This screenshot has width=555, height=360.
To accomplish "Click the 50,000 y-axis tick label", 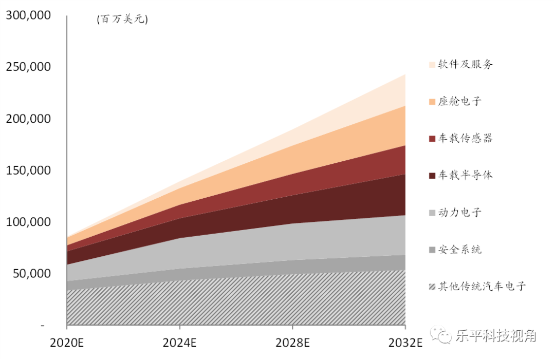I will (x=32, y=274).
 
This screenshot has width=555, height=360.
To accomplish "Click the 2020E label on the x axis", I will (x=67, y=343).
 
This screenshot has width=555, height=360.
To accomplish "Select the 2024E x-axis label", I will (x=179, y=343).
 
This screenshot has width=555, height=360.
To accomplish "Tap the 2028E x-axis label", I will (x=292, y=343).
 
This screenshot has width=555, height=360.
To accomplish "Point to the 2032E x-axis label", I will (x=405, y=343).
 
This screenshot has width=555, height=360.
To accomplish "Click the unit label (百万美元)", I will (x=122, y=20).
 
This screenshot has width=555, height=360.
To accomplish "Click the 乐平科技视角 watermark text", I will (x=495, y=336).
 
